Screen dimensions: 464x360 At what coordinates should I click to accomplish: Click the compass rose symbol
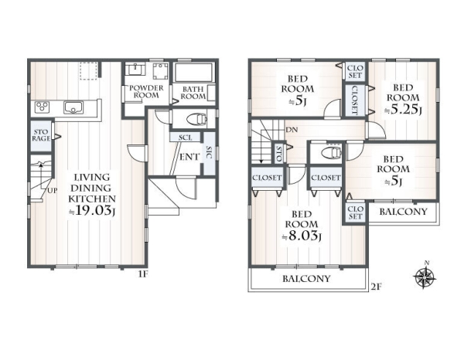[x=425, y=277]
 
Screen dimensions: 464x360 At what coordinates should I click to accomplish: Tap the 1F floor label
[x=142, y=274]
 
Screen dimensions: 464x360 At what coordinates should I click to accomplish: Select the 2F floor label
[x=375, y=287]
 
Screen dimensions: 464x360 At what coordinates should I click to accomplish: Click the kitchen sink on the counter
[x=73, y=107]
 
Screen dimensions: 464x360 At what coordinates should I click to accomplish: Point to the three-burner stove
[x=42, y=107]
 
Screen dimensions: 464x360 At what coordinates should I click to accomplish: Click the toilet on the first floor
[x=196, y=119]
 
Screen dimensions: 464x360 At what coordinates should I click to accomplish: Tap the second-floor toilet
[x=331, y=152]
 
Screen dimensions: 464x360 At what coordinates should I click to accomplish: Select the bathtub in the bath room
[x=193, y=73]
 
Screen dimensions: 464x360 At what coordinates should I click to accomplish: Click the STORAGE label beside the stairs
[x=41, y=135]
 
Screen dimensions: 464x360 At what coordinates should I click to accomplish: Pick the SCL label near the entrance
[x=186, y=138]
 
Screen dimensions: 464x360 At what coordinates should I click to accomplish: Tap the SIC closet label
[x=209, y=152]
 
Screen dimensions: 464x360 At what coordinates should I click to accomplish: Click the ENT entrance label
[x=189, y=157]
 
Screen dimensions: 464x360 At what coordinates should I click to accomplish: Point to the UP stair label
[x=52, y=191]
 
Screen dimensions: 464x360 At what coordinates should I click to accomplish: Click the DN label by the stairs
[x=292, y=130]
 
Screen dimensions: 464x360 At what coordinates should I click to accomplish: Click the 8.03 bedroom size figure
[x=301, y=236]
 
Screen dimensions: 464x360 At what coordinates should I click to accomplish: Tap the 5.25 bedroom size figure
[x=402, y=110]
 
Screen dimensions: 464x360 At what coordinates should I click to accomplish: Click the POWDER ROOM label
[x=146, y=92]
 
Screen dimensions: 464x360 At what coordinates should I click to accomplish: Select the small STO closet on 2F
[x=278, y=154]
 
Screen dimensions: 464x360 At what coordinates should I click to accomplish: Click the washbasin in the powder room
[x=135, y=70]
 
